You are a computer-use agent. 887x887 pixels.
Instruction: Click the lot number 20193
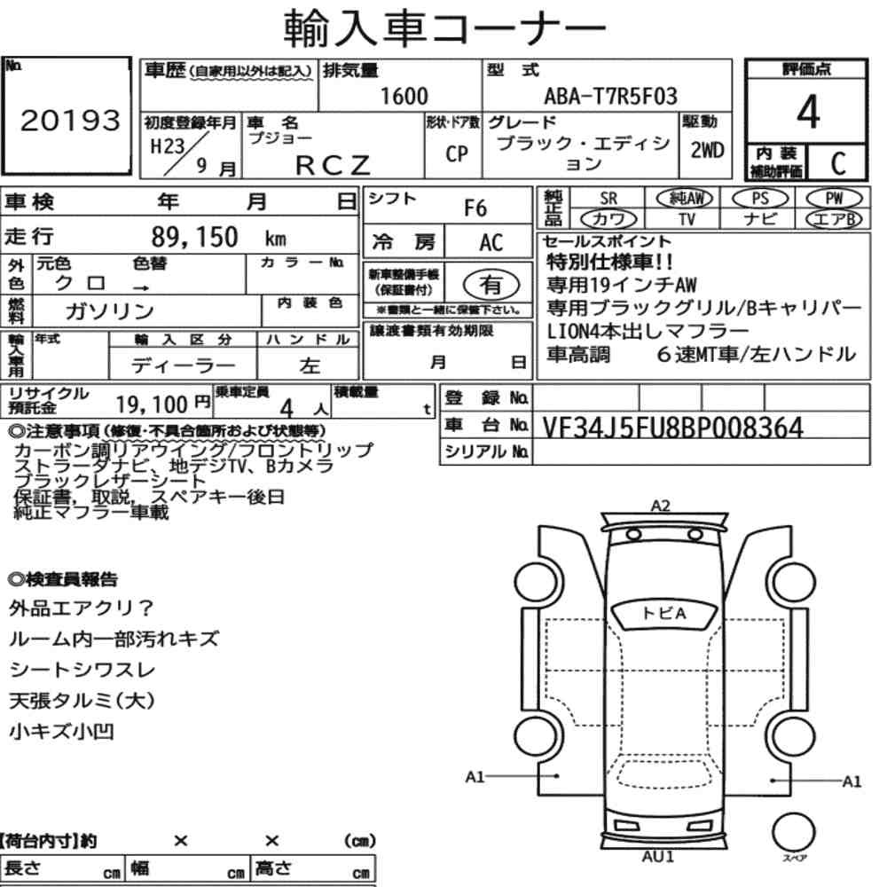(x=70, y=120)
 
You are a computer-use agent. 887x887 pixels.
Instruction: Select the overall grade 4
(x=808, y=112)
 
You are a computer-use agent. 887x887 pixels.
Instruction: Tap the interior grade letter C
(x=838, y=163)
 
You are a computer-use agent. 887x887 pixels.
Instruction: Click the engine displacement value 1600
(x=404, y=96)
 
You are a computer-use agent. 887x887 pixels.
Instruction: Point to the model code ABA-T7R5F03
(x=610, y=96)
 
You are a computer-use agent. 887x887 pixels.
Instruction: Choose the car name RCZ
(x=333, y=165)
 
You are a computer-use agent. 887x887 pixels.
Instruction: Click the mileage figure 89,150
(x=194, y=237)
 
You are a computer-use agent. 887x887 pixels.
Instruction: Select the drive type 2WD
(x=707, y=150)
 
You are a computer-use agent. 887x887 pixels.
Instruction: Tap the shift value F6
(x=475, y=208)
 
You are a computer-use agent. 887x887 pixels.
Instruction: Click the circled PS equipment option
(x=760, y=199)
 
